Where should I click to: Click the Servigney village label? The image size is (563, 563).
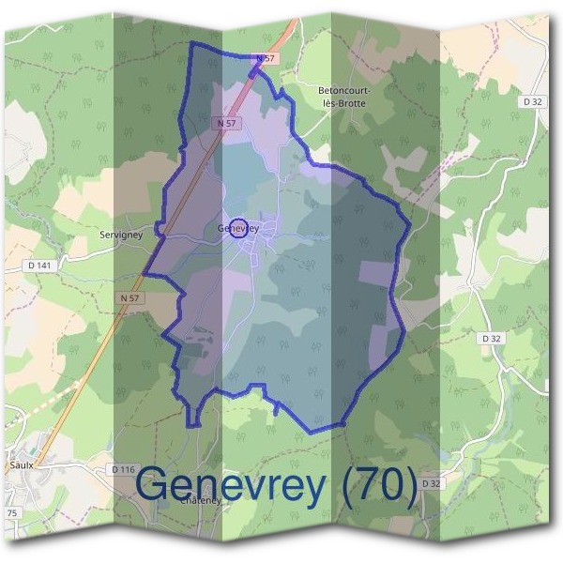click(x=121, y=236)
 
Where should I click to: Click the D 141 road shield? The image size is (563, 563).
click(x=38, y=266)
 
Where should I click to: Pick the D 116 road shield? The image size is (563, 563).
click(x=123, y=468)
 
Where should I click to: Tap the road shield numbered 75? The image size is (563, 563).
click(x=12, y=513)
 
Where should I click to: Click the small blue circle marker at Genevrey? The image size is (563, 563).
click(x=238, y=228)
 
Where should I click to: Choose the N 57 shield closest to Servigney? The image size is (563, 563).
click(x=131, y=297)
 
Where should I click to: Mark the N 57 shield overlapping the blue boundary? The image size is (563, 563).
click(x=266, y=58)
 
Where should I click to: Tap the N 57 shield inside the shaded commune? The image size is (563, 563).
click(x=225, y=123)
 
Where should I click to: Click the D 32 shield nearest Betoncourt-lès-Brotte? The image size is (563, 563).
click(x=533, y=100)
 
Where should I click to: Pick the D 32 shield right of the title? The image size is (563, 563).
click(x=431, y=482)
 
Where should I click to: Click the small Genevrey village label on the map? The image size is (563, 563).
click(x=238, y=228)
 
